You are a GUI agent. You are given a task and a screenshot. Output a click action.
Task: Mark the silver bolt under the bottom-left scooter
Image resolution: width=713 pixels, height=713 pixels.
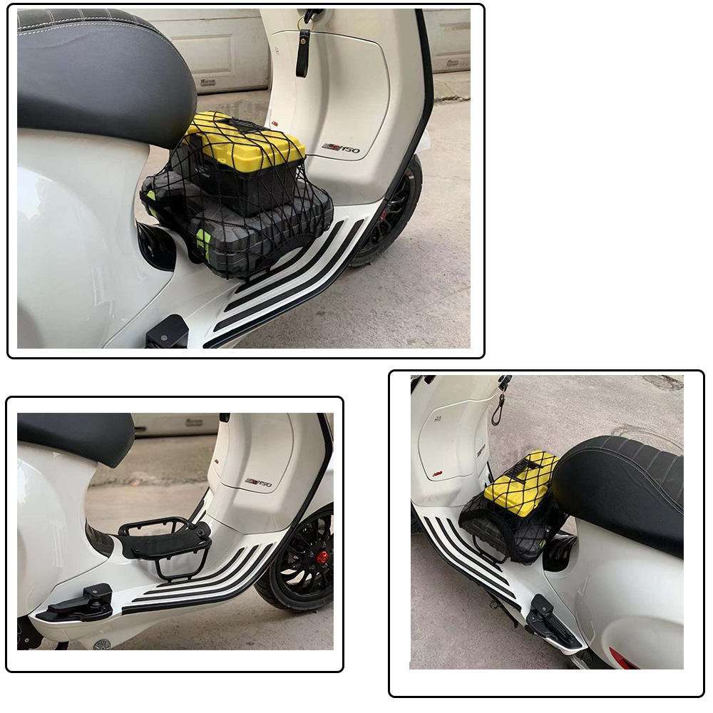point(102,644)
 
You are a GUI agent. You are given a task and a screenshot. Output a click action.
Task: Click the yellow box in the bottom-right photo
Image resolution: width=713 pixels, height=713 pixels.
point(520,483)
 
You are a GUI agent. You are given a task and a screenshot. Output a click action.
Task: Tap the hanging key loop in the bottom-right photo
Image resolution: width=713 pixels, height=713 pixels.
point(497,411)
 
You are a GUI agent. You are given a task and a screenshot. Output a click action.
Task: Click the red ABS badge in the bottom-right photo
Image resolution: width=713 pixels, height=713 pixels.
point(436,473)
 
